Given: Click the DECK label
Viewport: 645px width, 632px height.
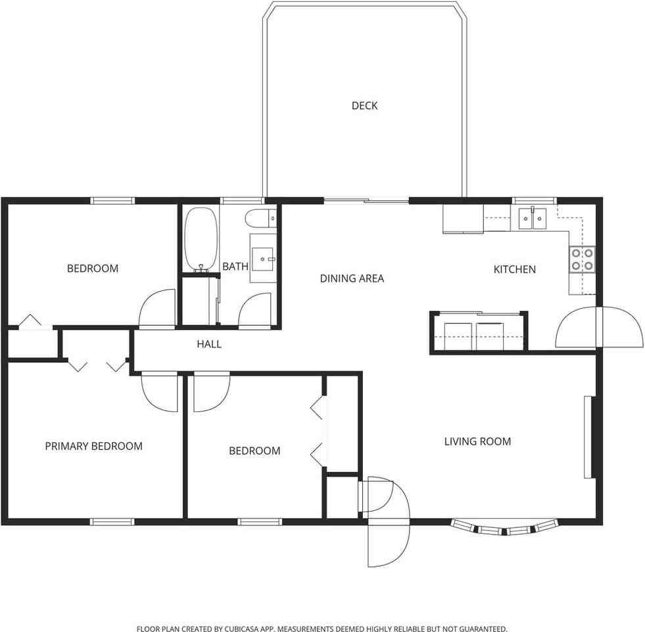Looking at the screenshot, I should click(x=364, y=105).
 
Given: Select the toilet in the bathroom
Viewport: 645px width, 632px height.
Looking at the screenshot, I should click(x=260, y=217).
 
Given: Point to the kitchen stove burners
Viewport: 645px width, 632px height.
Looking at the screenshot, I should click(x=582, y=259).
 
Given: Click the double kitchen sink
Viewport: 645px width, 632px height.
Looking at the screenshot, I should click(x=532, y=217).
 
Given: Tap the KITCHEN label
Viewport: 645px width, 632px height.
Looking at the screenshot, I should click(x=514, y=269).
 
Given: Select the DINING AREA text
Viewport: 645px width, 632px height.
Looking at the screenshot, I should click(x=352, y=278).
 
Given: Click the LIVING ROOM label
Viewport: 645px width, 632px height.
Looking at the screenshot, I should click(x=477, y=441).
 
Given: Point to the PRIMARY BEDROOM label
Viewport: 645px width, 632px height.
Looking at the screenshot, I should click(x=93, y=446).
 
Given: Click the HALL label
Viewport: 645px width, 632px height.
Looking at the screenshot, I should click(x=209, y=344).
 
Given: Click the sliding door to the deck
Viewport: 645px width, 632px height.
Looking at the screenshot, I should click(x=366, y=200).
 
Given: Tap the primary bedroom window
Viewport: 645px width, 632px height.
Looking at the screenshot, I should click(x=112, y=522).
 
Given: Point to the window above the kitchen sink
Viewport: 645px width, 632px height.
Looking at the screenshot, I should click(x=535, y=200).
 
